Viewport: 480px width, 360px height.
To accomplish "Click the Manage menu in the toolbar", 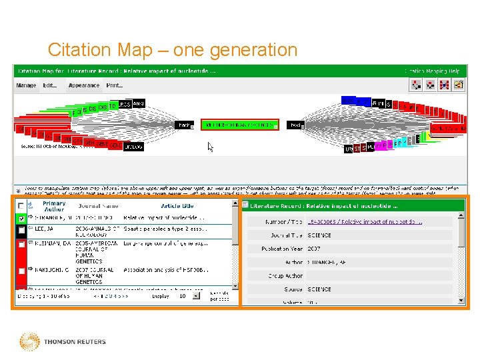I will click(27, 85).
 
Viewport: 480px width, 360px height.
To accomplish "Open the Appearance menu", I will click(84, 85).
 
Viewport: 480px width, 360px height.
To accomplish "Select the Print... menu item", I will click(115, 85).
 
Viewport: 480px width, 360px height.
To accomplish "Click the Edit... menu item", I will click(51, 85).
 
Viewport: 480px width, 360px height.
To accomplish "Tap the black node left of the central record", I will click(183, 125).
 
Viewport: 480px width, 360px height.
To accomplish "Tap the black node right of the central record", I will click(295, 125).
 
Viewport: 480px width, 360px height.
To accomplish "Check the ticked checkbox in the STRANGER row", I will click(22, 218).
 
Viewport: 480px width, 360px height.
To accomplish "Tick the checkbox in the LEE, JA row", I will click(22, 231).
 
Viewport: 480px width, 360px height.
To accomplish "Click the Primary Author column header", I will click(54, 207).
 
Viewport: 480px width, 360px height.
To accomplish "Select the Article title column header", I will click(177, 207).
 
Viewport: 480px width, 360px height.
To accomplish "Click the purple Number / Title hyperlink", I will click(364, 221).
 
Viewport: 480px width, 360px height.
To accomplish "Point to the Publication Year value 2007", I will click(314, 249).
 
